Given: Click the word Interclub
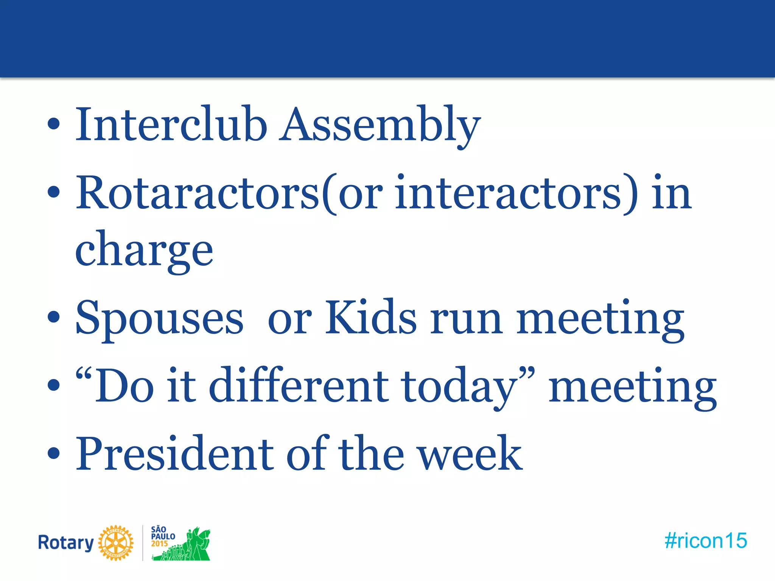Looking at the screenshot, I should click(171, 125).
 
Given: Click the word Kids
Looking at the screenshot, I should click(371, 318).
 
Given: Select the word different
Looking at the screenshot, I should click(299, 386).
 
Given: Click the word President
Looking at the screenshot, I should click(175, 454).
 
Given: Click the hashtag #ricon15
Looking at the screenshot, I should click(706, 541).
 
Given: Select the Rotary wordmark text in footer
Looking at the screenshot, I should click(66, 543).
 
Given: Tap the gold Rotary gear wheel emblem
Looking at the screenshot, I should click(116, 543).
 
